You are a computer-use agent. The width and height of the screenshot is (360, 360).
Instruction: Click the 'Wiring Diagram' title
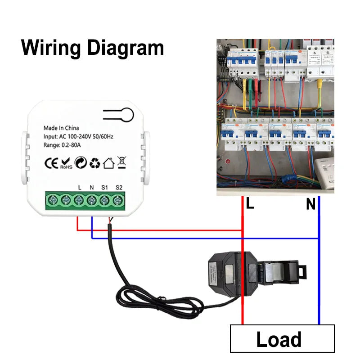click(93, 47)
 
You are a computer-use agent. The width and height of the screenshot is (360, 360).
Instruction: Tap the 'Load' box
click(282, 338)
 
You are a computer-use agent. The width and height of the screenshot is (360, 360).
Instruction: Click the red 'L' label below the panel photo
click(250, 204)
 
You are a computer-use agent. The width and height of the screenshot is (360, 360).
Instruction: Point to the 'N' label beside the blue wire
click(311, 205)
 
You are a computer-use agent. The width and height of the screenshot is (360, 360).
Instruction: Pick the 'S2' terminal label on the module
click(119, 187)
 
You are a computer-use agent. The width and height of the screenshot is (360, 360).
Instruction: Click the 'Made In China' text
click(61, 128)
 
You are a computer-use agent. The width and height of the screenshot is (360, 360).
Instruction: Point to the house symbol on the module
click(108, 162)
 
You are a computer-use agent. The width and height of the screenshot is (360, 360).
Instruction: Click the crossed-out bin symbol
click(121, 162)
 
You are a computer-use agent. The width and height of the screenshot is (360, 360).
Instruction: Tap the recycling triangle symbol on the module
click(94, 162)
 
